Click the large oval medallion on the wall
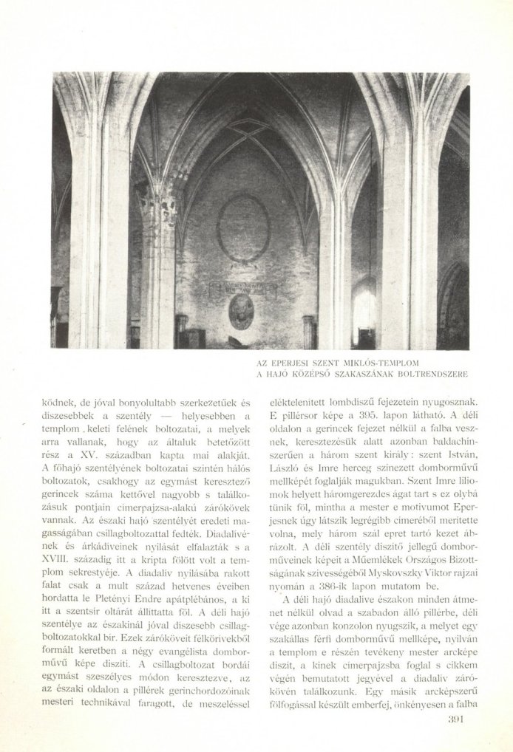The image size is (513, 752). point(243,228)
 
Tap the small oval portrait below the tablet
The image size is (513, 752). point(241,311)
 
